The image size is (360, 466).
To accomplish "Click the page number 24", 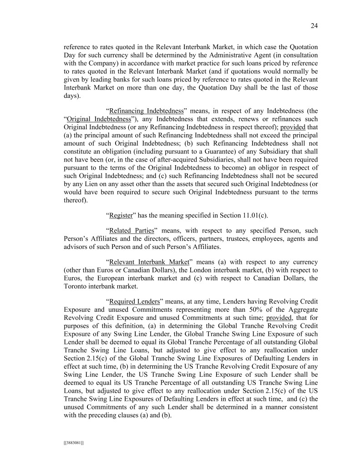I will (314, 26).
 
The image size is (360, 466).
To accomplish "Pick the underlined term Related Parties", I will (132, 237).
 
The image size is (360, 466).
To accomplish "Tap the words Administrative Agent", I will (242, 56).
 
